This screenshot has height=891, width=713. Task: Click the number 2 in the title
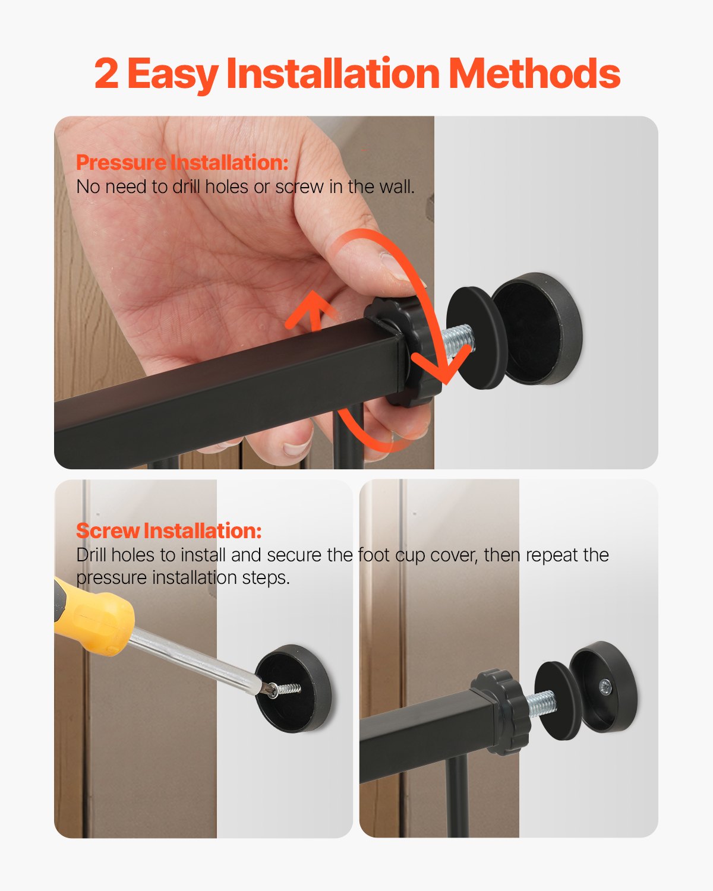[x=106, y=74]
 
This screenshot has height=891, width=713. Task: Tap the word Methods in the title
[x=534, y=74]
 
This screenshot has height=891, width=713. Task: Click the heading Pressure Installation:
[x=182, y=162]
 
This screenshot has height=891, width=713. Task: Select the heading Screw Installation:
[x=169, y=530]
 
